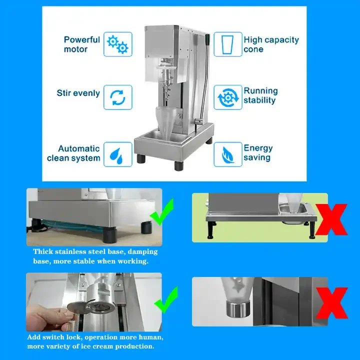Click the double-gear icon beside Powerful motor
118,44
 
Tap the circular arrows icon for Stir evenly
118,97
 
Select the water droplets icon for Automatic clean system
116,155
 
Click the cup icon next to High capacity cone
228,44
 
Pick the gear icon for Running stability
228,97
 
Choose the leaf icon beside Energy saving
227,154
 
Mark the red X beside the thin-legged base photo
331,219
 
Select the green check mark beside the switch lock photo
166,299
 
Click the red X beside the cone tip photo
331,303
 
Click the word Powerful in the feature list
82,39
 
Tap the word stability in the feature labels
259,100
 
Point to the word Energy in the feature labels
258,148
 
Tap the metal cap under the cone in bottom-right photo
237,308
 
